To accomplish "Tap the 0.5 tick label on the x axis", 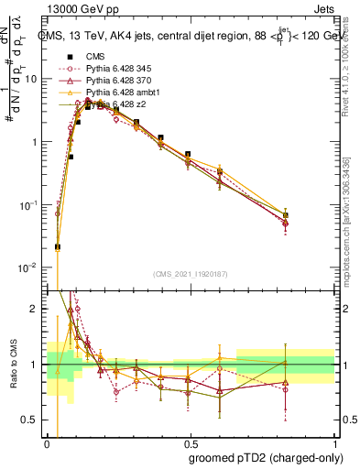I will (191, 440).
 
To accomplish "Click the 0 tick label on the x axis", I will (48, 440).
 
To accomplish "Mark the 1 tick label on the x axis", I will (334, 440).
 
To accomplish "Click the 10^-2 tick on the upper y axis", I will (29, 267).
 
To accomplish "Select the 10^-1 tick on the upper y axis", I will (29, 204).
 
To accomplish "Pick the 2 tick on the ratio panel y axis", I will (37, 309).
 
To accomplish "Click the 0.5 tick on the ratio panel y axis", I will (33, 420).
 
